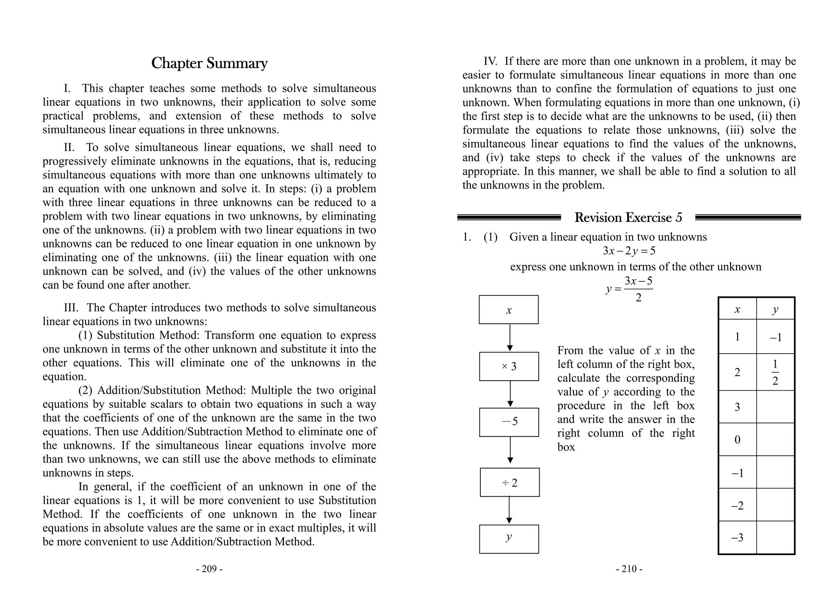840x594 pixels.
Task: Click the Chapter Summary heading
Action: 209,64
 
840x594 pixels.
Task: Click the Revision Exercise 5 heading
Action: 628,217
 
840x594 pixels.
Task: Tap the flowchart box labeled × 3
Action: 509,366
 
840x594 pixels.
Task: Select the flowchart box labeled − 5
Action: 509,422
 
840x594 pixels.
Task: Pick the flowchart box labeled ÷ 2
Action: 509,482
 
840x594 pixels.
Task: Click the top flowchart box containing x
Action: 509,310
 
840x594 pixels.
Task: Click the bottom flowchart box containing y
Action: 509,539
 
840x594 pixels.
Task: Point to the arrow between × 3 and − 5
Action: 510,394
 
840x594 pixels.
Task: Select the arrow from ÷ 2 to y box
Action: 509,510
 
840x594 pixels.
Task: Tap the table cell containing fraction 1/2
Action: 775,372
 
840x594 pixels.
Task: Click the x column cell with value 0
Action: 737,440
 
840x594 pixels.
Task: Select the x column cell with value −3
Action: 737,538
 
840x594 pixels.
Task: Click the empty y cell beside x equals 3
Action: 775,407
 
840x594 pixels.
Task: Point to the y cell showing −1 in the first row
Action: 775,337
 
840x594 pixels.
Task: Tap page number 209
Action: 209,569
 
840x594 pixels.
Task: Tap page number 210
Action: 629,569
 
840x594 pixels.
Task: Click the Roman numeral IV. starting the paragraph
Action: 490,62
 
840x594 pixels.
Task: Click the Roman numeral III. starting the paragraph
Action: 74,308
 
